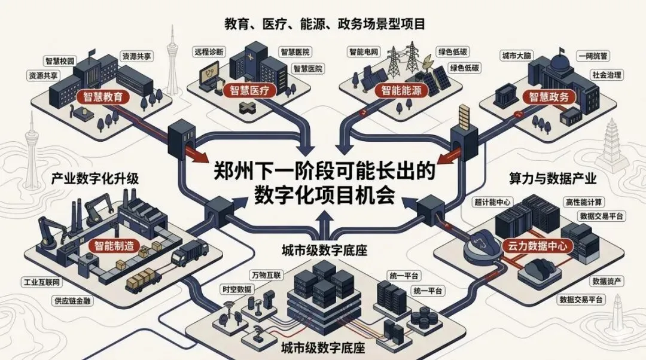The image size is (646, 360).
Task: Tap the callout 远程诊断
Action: (x=209, y=52)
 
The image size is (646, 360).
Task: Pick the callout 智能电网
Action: (x=365, y=52)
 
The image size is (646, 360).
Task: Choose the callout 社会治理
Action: (x=607, y=75)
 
